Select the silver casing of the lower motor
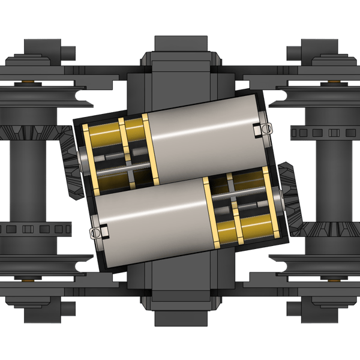pyautogui.click(x=150, y=216)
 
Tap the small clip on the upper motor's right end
pyautogui.click(x=263, y=128)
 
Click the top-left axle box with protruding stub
pyautogui.click(x=45, y=52)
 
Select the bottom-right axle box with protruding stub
pyautogui.click(x=315, y=308)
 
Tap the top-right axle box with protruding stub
pyautogui.click(x=315, y=52)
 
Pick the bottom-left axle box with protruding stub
pyautogui.click(x=45, y=308)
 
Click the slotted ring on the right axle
pyautogui.click(x=324, y=131)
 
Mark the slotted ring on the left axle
pyautogui.click(x=36, y=229)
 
